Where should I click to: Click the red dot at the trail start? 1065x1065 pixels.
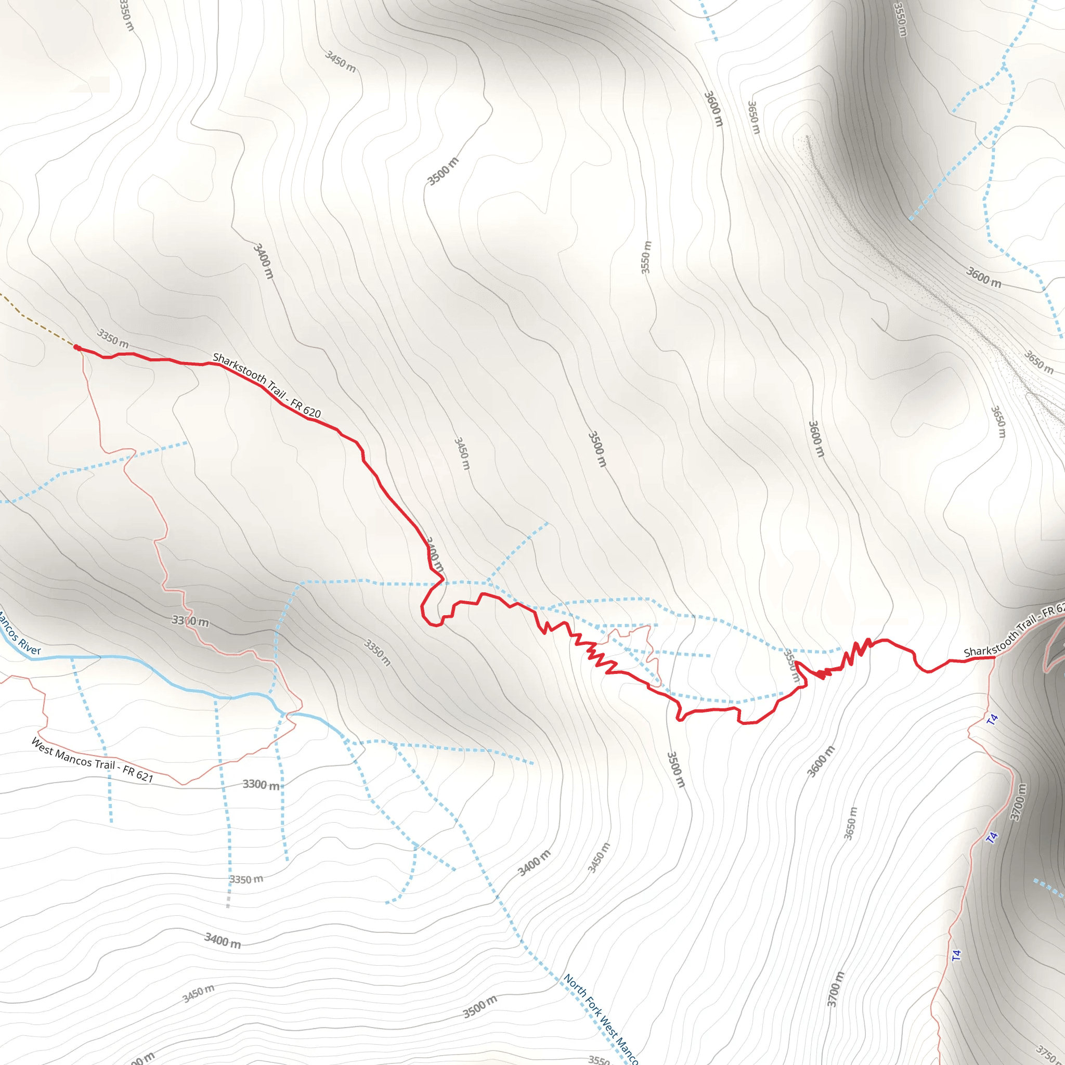coord(77,348)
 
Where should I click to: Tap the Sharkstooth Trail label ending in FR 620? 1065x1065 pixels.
coord(267,385)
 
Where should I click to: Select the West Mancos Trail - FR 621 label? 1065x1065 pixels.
coord(92,760)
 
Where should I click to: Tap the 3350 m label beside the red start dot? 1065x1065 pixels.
coord(113,338)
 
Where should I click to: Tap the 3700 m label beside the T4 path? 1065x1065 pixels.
coord(1019,802)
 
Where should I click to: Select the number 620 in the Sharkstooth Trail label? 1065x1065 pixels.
coord(312,411)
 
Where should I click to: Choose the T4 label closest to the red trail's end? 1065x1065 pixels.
coord(992,719)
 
